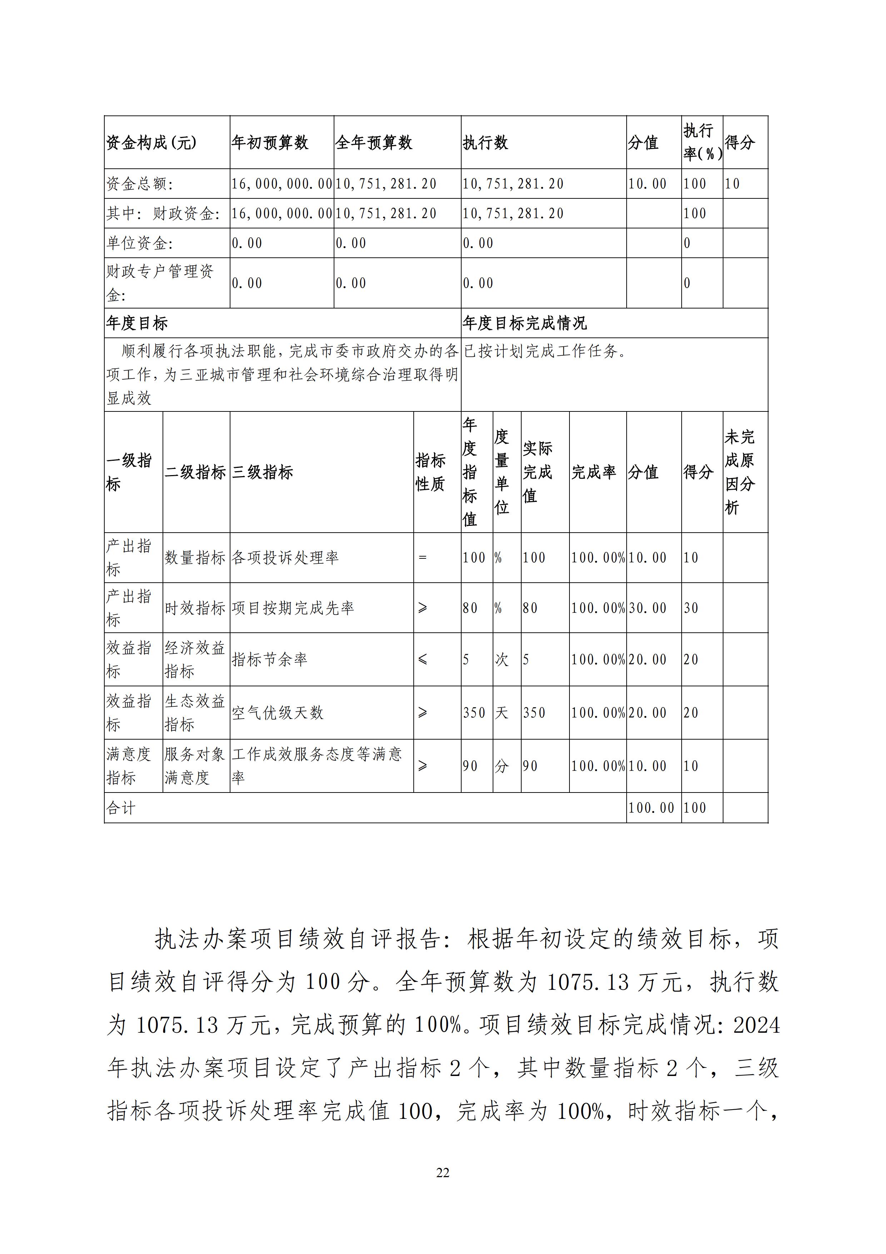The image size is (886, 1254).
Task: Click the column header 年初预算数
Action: click(270, 143)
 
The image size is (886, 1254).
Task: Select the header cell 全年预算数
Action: click(374, 143)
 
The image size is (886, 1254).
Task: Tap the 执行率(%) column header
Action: click(702, 143)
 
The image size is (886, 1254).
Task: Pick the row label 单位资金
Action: click(140, 243)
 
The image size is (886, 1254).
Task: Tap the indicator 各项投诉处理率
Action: click(285, 558)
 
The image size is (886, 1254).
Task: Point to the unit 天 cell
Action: click(501, 713)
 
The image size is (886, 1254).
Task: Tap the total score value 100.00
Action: click(651, 808)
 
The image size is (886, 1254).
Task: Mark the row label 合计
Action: click(121, 808)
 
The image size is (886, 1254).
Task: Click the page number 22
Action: click(443, 1173)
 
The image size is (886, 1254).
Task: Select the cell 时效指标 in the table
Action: click(195, 608)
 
